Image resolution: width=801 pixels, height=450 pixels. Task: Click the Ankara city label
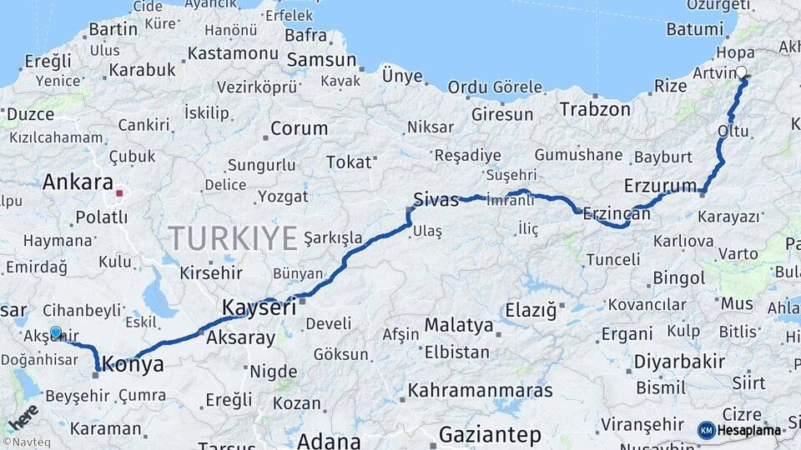[x=78, y=182]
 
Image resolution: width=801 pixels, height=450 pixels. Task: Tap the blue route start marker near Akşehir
[x=56, y=332]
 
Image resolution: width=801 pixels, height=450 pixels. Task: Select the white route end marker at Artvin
[x=742, y=72]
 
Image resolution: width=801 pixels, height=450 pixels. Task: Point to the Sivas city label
[x=436, y=200]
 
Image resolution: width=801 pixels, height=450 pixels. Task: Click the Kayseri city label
[x=259, y=307]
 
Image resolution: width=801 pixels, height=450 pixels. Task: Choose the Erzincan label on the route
[x=617, y=213]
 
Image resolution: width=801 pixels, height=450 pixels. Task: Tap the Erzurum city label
[x=660, y=185]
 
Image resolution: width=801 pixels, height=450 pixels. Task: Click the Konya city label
[x=133, y=364]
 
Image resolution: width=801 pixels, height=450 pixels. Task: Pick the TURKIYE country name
[x=233, y=239]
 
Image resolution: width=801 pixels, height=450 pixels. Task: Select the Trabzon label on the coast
[x=595, y=109]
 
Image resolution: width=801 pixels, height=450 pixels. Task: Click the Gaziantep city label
[x=490, y=434]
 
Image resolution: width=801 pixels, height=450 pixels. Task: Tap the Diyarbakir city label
[x=678, y=362]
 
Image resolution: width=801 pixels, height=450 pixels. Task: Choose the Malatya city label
[x=459, y=325]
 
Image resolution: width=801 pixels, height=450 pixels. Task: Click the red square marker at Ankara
[x=119, y=193]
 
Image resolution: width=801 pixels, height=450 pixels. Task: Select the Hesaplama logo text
[x=749, y=430]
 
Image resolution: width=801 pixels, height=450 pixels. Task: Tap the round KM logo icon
[x=706, y=430]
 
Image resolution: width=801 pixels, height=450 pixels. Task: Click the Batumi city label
[x=694, y=29]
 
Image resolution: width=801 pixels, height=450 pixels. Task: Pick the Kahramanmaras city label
[x=481, y=390]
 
